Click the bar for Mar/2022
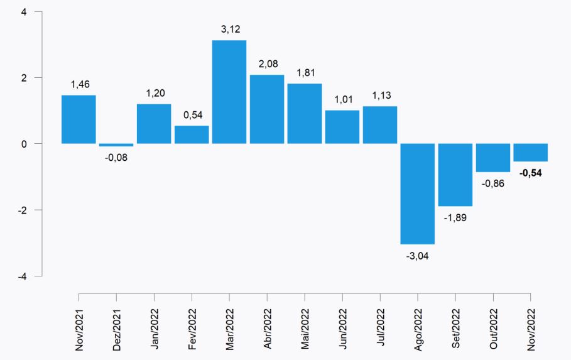[229, 92]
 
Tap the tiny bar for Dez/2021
[116, 145]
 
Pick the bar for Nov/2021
[79, 119]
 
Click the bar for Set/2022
[455, 175]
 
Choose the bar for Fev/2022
[192, 134]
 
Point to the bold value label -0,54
[530, 173]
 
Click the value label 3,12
[229, 29]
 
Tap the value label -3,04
[418, 256]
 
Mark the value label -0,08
[116, 157]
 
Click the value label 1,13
[380, 95]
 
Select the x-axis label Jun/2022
[343, 329]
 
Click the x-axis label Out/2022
[494, 329]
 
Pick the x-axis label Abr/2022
[268, 329]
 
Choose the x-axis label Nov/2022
[531, 329]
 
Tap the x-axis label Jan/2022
[155, 329]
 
